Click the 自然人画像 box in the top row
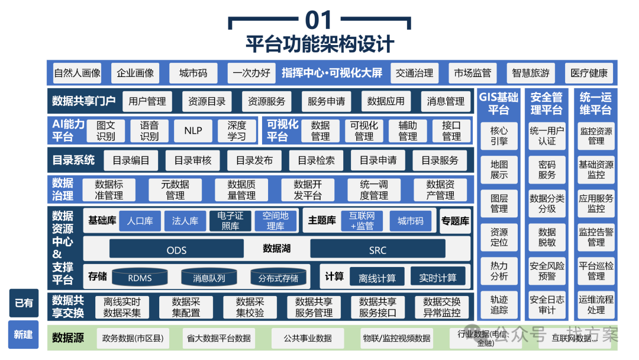pos(77,73)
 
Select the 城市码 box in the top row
pos(193,73)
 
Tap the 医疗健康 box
pos(589,73)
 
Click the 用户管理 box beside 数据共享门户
pos(147,101)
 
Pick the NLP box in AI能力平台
pos(193,131)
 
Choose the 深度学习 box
pos(236,131)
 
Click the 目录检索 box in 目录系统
pos(316,160)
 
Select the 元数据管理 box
pos(175,190)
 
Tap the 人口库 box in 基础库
pos(140,221)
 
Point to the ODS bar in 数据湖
pos(176,250)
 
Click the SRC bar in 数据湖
pos(377,250)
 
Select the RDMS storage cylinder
pos(140,277)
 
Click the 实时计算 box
pos(438,278)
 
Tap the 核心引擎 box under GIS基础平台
pos(499,136)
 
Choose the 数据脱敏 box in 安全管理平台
pos(547,237)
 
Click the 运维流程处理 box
pos(596,304)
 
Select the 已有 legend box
pos(24,303)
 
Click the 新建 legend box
pos(24,335)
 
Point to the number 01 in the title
pos(319,21)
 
